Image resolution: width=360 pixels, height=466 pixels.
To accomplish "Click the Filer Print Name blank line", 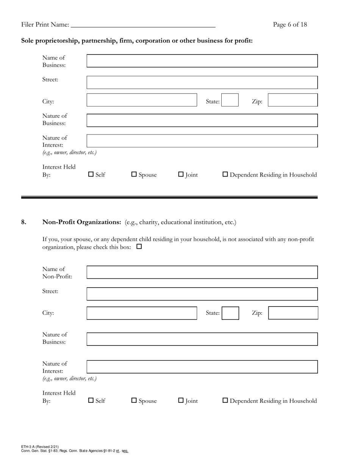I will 143,25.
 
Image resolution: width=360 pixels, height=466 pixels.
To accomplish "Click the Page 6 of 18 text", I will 290,25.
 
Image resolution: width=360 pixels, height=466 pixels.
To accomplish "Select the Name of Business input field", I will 202,61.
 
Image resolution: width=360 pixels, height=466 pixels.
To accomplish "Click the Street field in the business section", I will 202,83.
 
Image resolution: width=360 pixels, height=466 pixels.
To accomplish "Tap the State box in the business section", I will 230,100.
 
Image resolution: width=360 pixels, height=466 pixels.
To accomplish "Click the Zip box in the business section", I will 293,100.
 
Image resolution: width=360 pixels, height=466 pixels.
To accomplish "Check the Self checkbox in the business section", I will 91,174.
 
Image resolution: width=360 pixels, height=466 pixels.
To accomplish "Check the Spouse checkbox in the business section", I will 134,174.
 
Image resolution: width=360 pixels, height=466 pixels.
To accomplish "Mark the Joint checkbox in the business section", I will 181,174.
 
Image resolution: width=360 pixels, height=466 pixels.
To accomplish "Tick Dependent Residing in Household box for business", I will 225,174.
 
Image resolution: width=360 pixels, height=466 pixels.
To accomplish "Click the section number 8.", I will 24,222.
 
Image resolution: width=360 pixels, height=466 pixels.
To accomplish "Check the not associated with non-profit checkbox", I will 139,247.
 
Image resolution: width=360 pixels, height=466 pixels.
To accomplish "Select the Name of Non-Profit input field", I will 202,272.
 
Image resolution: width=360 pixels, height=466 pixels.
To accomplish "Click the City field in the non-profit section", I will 142,313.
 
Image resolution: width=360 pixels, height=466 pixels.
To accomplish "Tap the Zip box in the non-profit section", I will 293,313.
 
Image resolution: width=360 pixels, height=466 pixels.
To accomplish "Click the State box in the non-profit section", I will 230,313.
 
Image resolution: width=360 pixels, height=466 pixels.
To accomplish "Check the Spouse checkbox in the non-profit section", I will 134,400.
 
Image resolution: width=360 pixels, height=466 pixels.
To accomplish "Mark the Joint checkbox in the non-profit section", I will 181,400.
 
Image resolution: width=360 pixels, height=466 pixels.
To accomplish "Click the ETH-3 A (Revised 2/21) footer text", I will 40,447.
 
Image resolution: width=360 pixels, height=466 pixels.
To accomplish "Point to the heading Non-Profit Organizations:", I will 81,222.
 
